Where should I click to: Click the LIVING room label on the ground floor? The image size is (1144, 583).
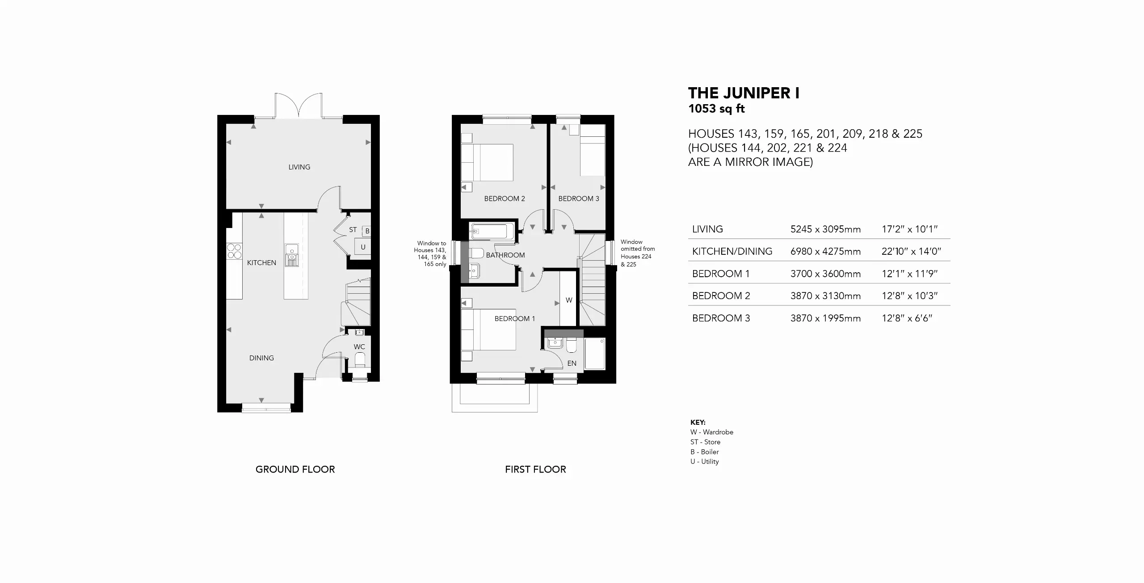(299, 167)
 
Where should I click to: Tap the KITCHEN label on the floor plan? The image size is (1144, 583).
(261, 263)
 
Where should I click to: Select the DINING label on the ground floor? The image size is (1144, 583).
(261, 358)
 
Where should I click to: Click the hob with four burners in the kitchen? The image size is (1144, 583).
(235, 251)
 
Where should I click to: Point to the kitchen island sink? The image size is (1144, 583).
(291, 255)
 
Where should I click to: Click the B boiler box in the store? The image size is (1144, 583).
(366, 231)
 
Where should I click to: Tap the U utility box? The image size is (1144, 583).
(362, 247)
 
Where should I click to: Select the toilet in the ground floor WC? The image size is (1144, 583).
(359, 359)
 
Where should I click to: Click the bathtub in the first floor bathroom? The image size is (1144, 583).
(488, 232)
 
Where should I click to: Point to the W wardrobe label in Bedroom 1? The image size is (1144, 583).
(569, 300)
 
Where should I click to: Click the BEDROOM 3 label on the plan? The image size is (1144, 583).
(579, 199)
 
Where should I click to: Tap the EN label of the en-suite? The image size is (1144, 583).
(572, 363)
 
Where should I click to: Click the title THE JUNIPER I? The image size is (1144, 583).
(744, 93)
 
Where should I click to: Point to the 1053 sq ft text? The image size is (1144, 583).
(717, 109)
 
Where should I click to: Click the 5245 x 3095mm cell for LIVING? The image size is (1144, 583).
(825, 229)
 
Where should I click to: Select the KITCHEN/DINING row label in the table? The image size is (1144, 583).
(732, 251)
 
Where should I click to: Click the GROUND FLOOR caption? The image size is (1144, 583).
(295, 469)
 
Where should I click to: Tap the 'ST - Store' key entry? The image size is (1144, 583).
(705, 442)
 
